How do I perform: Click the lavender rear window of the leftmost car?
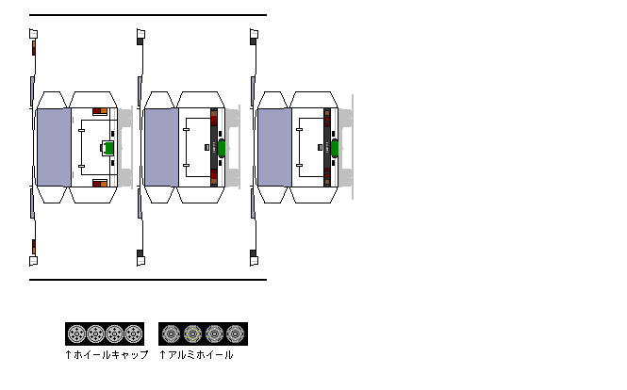tap(54, 148)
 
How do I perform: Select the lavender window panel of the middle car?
tap(161, 148)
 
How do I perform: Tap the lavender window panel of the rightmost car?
tap(274, 148)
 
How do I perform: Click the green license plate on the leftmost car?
tap(108, 148)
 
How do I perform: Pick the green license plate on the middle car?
tap(222, 148)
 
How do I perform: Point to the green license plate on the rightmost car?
tap(335, 148)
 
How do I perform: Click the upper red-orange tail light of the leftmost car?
tap(100, 110)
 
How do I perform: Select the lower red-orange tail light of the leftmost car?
tap(100, 184)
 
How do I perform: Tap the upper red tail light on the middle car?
tap(214, 119)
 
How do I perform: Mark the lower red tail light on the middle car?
tap(214, 176)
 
